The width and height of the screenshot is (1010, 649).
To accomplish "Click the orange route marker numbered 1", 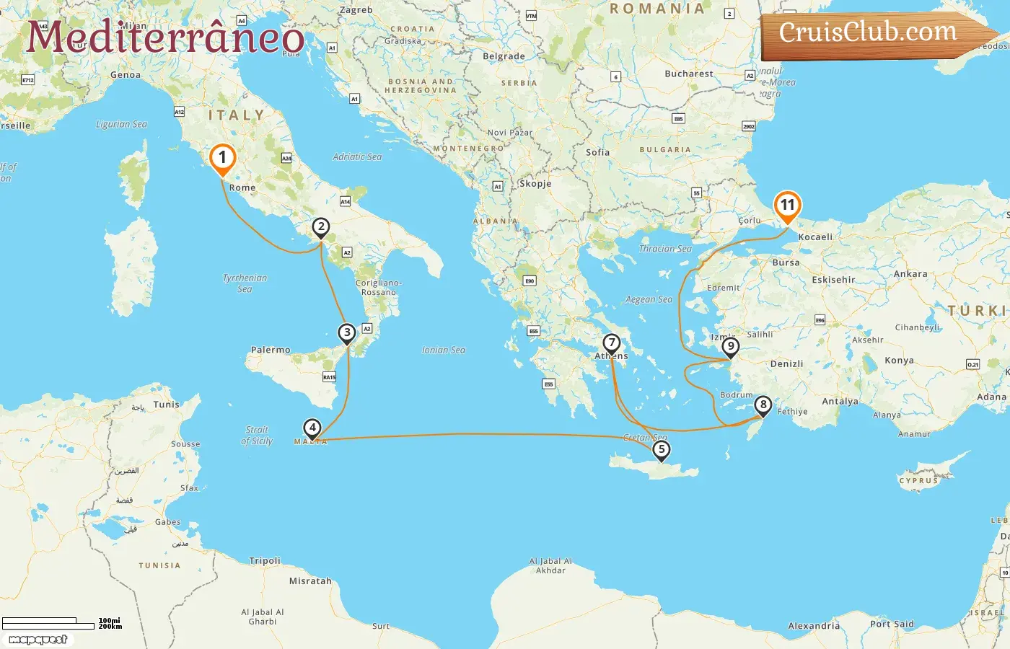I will click(x=222, y=158).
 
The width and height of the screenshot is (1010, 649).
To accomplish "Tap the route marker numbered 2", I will click(x=321, y=227).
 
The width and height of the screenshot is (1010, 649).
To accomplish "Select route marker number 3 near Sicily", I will click(x=347, y=332).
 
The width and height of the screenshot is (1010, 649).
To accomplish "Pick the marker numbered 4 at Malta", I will click(x=312, y=428).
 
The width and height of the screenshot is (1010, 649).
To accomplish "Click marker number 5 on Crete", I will click(x=661, y=449).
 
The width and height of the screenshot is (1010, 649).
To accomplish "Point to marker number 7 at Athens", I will click(x=612, y=343).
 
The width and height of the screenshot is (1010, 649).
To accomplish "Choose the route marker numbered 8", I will click(x=763, y=405).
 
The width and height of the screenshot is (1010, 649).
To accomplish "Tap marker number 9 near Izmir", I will click(x=731, y=347).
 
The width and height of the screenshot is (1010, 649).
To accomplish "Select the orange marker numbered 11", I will click(x=787, y=206).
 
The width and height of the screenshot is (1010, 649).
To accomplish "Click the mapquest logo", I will click(x=38, y=640).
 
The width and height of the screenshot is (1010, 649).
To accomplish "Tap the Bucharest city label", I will click(x=688, y=74).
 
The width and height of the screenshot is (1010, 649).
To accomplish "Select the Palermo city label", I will click(x=271, y=350).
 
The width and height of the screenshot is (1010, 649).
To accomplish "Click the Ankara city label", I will click(x=910, y=274).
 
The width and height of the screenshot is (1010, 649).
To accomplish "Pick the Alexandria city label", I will click(x=814, y=626).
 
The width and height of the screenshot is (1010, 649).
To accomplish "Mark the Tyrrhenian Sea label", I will click(x=245, y=283).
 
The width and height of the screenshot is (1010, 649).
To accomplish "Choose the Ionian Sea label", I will click(x=443, y=350).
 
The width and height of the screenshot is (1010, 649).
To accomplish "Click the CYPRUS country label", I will click(x=918, y=480).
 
